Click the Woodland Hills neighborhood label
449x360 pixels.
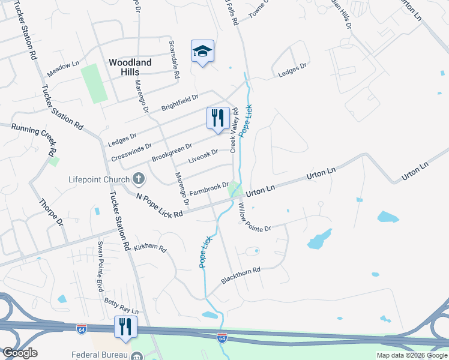pos(130,67)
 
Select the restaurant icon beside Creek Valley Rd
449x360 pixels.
pos(218,117)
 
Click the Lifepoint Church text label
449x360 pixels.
pos(99,179)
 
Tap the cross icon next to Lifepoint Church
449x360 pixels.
pos(139,179)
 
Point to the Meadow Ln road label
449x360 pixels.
pos(63,68)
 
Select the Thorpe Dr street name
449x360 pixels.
pos(50,212)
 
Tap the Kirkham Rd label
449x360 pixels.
pos(149,247)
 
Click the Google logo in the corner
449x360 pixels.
pos(20,353)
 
